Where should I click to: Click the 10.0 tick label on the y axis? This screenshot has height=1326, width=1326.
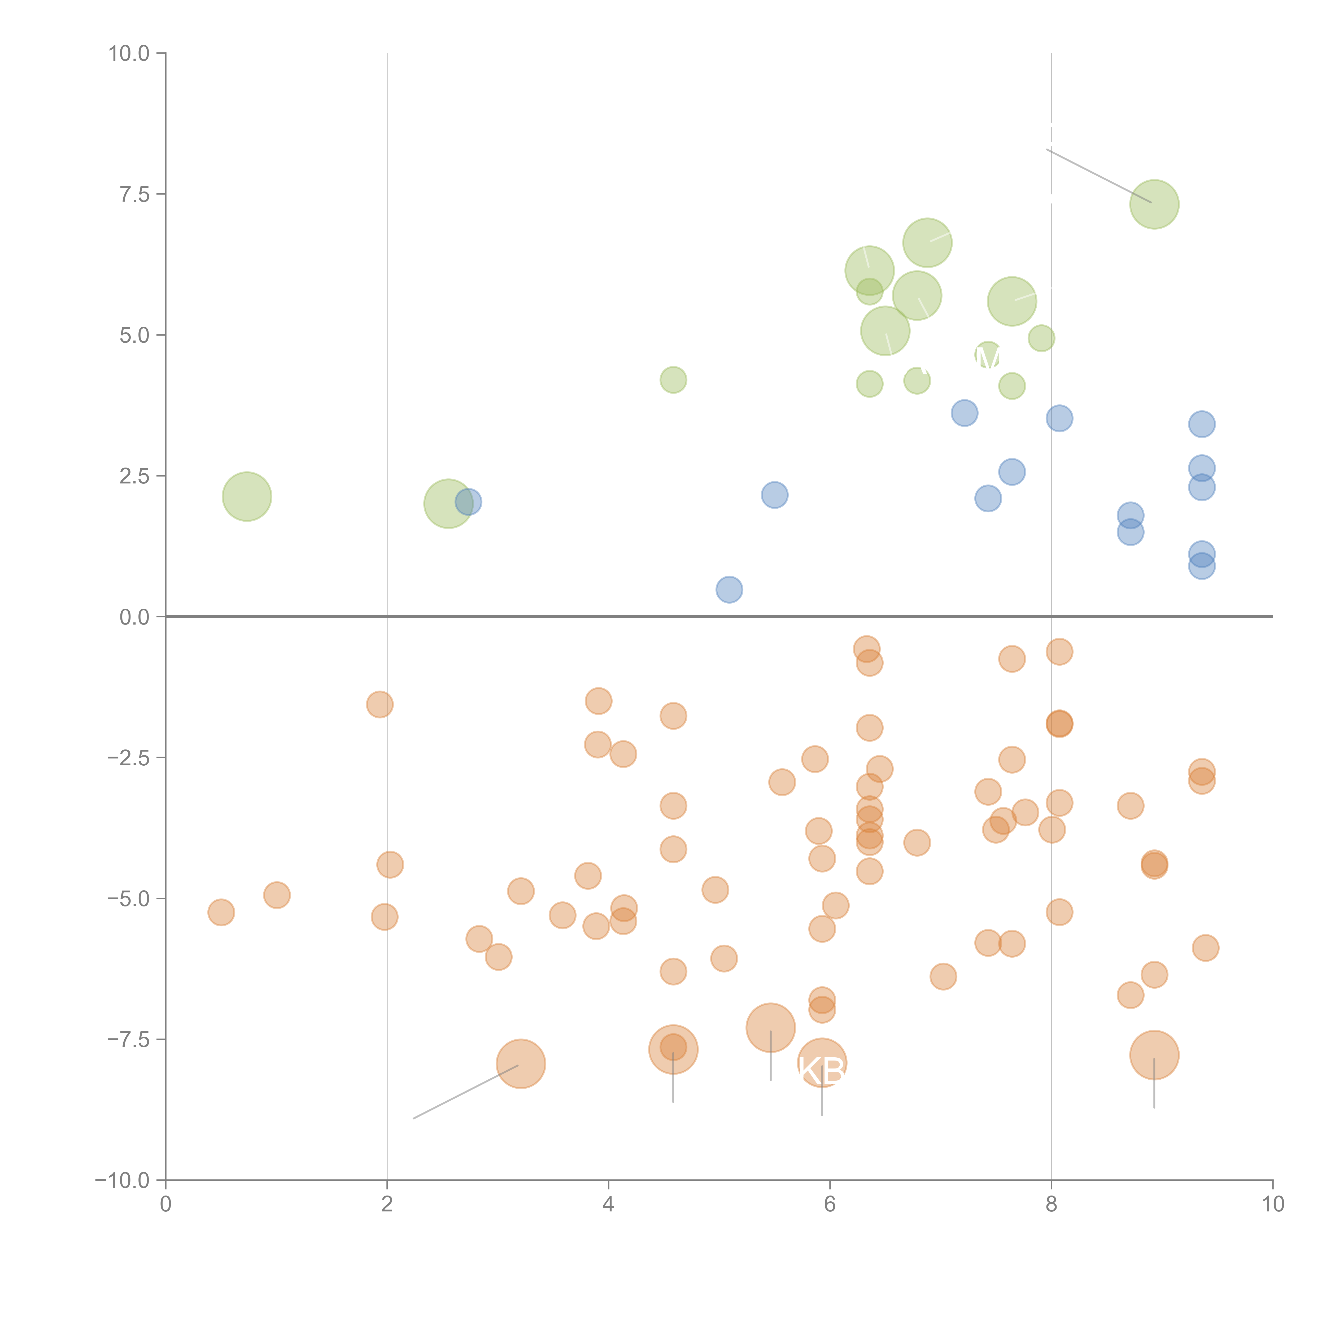click(129, 54)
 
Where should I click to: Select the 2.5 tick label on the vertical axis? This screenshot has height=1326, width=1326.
click(134, 476)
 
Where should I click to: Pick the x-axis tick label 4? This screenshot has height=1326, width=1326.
click(608, 1205)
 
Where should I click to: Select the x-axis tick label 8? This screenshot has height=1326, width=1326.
click(1051, 1205)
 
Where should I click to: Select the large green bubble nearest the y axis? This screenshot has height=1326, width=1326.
click(246, 496)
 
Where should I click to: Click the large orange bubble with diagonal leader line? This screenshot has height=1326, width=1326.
click(521, 1064)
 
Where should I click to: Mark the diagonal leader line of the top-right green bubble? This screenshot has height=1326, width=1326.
click(1098, 176)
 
